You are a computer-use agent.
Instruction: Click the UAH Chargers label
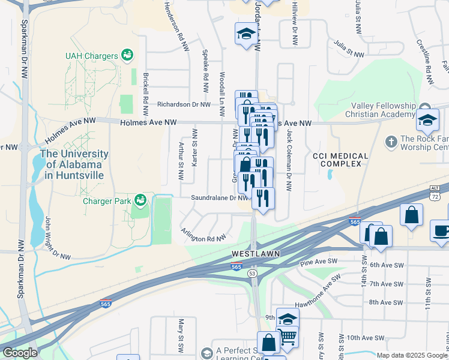coord(91,56)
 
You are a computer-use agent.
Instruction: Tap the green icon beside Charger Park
coord(140,199)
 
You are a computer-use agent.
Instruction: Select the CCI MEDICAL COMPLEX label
coord(340,160)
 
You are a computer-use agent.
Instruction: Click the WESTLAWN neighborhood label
coord(256,254)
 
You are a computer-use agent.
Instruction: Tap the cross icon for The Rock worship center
coord(391,142)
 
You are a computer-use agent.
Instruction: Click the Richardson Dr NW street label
coord(184,104)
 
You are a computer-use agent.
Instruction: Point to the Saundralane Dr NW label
coord(219,197)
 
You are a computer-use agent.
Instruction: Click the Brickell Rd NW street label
coord(145,94)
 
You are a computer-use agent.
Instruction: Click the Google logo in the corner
coord(20,352)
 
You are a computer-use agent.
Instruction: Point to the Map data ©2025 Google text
coord(412,355)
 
